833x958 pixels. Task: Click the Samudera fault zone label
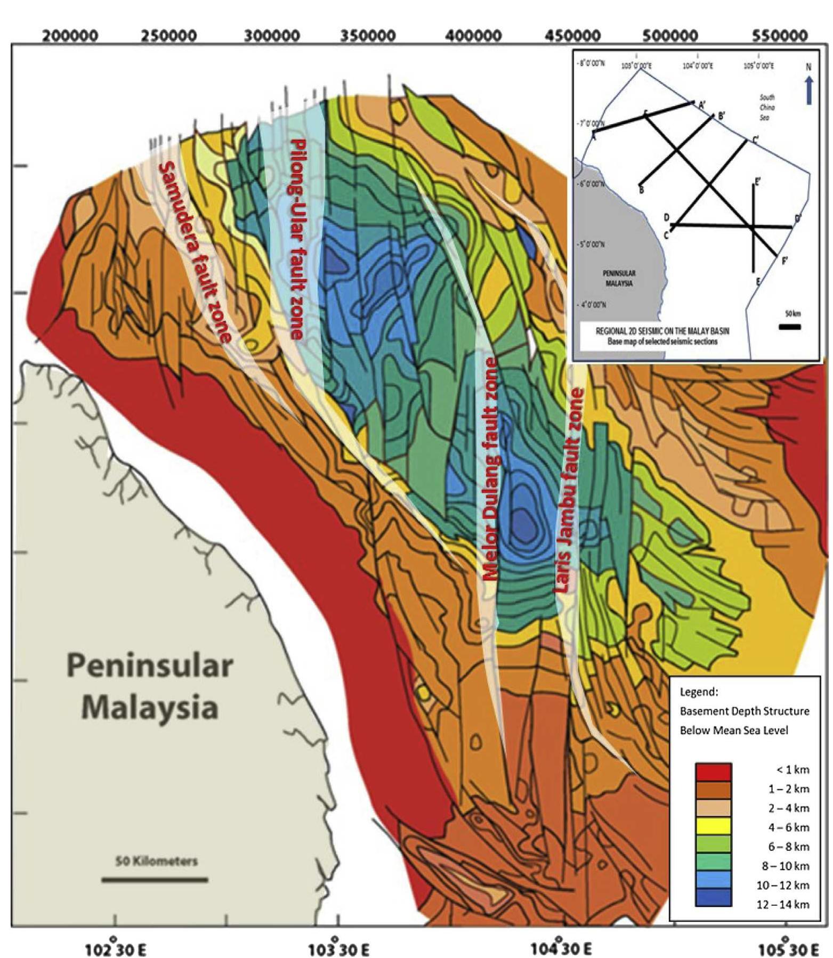click(196, 251)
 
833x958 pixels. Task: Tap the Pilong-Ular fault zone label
click(296, 239)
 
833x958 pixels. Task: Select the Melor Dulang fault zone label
click(490, 469)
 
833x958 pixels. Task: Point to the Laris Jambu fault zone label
click(568, 490)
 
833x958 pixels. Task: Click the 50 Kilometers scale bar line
click(155, 879)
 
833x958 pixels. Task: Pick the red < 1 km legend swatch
click(713, 772)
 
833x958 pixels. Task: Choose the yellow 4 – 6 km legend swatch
click(713, 827)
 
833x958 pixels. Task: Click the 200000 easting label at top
click(70, 36)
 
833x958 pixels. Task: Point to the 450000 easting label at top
click(573, 36)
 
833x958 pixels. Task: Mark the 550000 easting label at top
click(779, 36)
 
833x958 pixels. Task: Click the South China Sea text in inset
click(766, 107)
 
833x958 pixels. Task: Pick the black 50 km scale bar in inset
click(789, 327)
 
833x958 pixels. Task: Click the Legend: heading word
click(699, 692)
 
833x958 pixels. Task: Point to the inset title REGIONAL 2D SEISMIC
click(662, 331)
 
